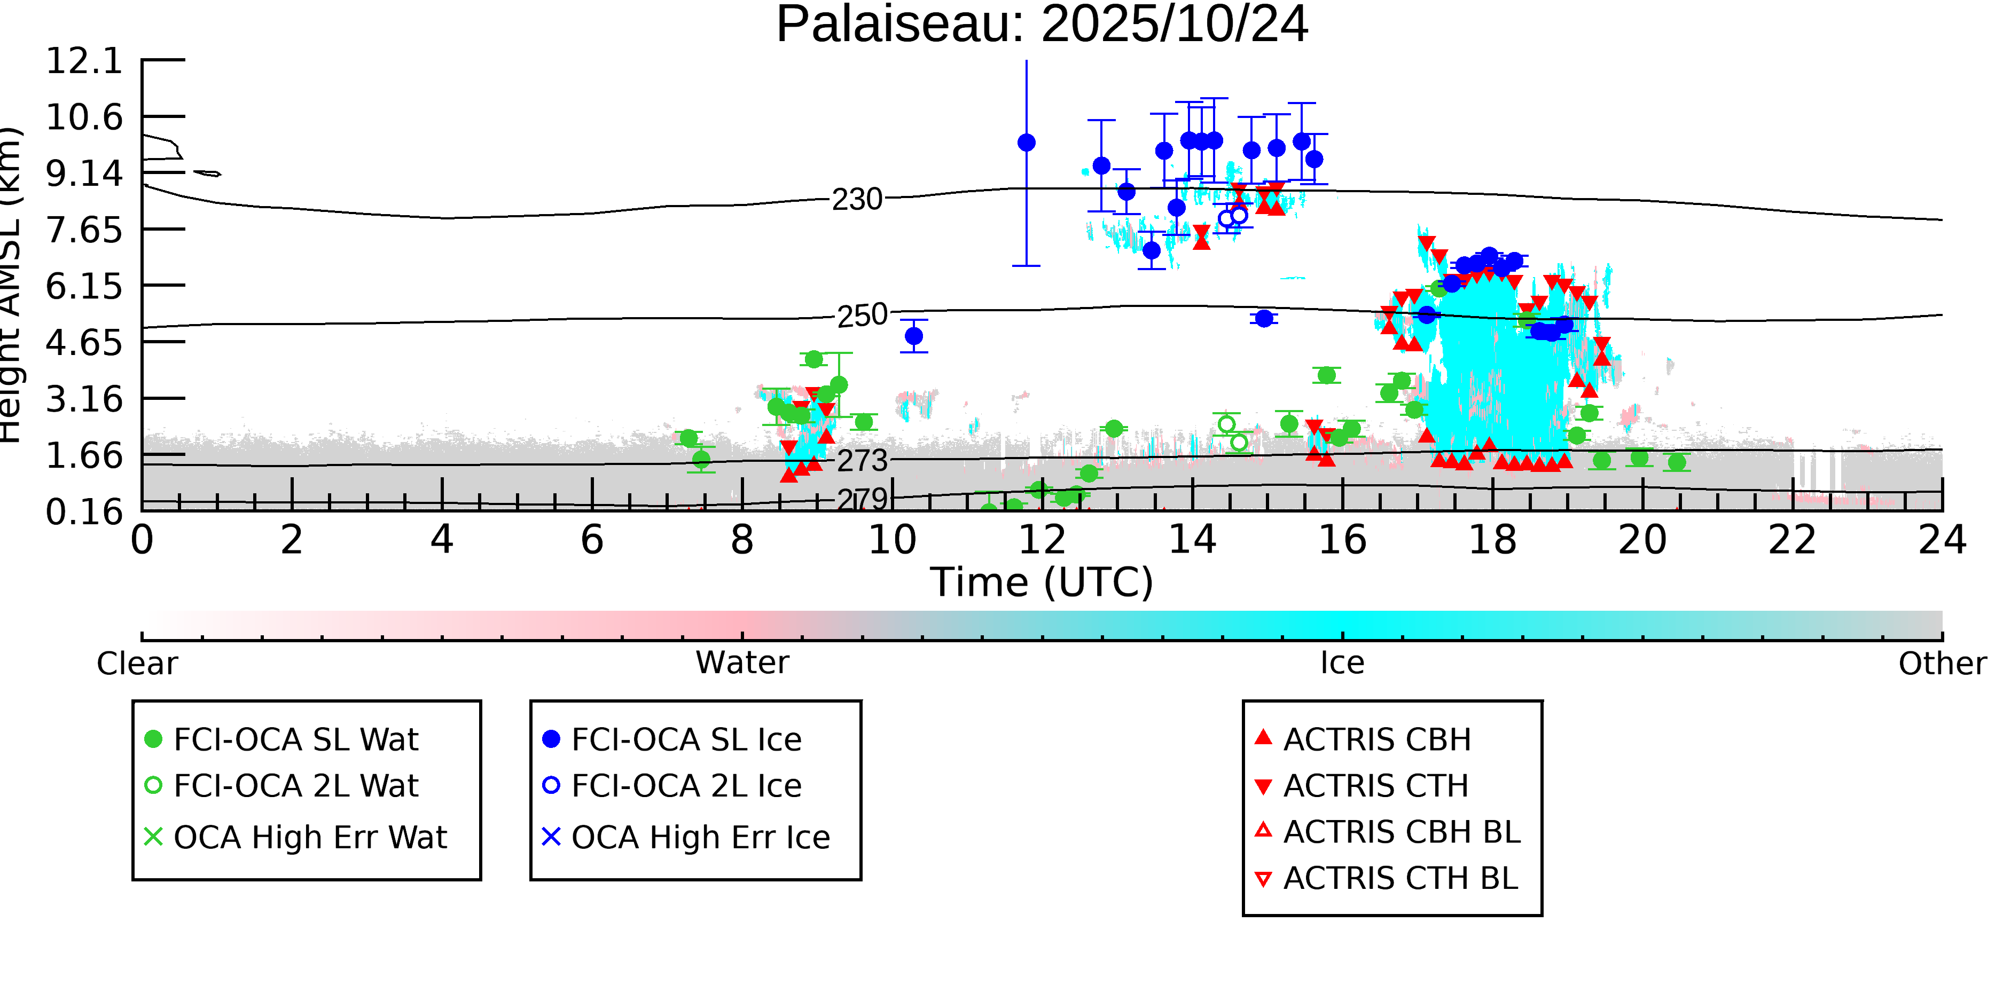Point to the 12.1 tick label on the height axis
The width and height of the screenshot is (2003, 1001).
point(84,61)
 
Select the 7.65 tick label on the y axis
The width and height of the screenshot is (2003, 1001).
point(84,230)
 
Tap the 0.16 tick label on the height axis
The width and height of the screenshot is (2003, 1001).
point(84,511)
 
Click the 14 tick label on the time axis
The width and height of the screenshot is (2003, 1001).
point(1192,540)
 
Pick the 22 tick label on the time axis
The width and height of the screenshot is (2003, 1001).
point(1792,540)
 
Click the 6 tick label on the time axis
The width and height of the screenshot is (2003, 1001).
point(592,540)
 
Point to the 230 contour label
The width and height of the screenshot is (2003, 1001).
point(857,200)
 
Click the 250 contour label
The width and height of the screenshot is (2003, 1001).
point(862,316)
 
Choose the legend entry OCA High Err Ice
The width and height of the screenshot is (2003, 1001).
point(700,838)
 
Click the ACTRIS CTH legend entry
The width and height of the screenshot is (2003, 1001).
point(1375,786)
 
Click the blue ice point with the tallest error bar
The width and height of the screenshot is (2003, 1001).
point(1027,143)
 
